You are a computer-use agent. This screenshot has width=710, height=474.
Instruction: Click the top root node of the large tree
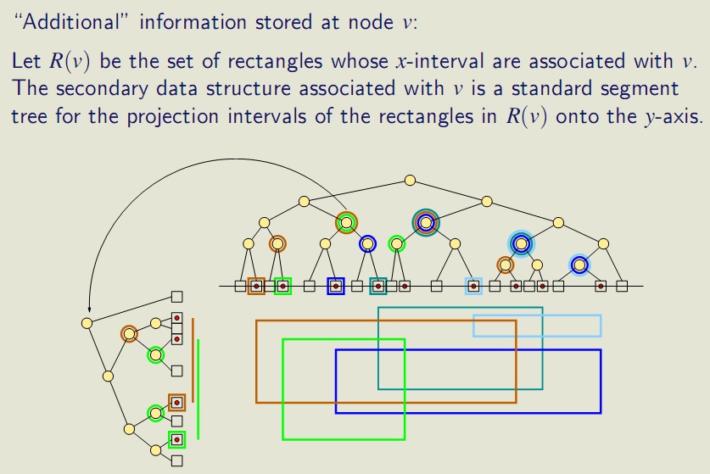coord(411,180)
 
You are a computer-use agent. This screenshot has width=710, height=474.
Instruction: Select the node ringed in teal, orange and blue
coord(426,221)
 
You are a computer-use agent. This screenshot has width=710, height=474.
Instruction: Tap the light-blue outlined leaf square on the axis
coord(473,286)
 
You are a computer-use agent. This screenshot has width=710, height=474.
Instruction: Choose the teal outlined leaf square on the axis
coord(378,286)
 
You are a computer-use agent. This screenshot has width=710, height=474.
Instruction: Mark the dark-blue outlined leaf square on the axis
coord(336,286)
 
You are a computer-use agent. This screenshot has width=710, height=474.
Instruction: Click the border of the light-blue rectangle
coord(536,315)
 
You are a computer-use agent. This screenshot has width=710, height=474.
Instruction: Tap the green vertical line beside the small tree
coord(198,390)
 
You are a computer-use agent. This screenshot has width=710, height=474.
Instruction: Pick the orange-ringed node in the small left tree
coord(129,334)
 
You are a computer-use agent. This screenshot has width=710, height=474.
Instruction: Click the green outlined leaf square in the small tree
coord(176,439)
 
